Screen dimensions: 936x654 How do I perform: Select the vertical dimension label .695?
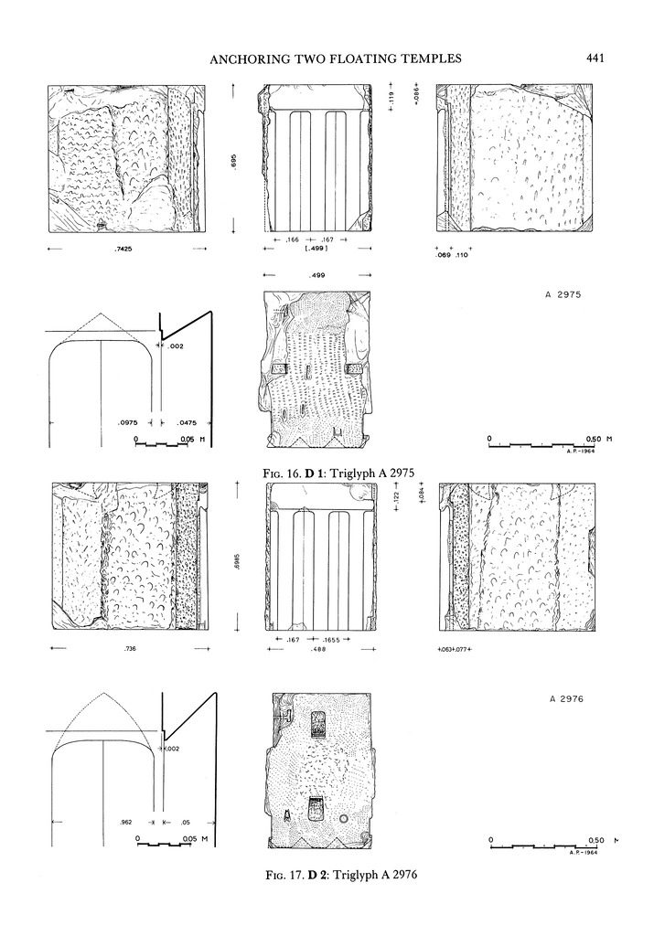[235, 161]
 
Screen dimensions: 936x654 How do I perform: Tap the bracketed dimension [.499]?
[317, 248]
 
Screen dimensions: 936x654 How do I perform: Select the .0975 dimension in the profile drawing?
[128, 423]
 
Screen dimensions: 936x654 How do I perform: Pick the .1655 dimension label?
[338, 639]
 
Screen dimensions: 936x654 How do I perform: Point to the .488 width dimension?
[317, 649]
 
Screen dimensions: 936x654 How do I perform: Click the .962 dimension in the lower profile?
[127, 822]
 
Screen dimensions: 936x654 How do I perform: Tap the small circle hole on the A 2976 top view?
[344, 818]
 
